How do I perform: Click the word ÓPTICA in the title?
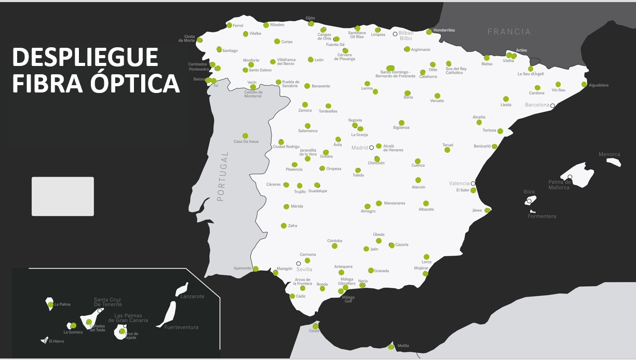coord(131,83)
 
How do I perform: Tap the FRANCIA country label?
coord(509,32)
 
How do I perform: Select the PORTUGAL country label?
coord(222,177)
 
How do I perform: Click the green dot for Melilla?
coord(390,346)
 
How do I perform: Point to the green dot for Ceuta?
coord(315,326)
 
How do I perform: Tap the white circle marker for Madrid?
coord(371,148)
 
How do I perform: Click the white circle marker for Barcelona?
coord(552,105)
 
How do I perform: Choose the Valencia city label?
coord(459,183)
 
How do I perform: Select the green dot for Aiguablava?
coord(584,84)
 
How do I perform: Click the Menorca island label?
coord(609,154)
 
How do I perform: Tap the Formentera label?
coord(542,216)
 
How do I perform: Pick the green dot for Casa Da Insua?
coord(245,136)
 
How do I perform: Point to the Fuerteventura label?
coord(181,327)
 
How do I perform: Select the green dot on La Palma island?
coord(50,304)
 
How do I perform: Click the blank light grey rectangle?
coord(63,196)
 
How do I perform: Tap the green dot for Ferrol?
coord(229,25)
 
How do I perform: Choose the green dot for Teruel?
coord(447,150)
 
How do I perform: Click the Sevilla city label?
coord(304,269)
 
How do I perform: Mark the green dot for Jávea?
coord(487,210)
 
